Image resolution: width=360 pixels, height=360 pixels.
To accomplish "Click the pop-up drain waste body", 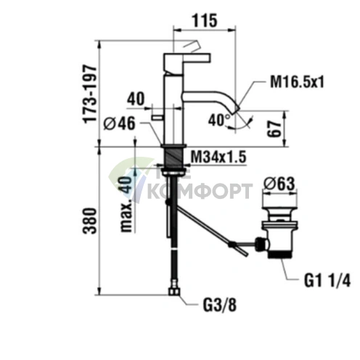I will coord(277,232).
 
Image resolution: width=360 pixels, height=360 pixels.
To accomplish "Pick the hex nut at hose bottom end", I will coord(174,292).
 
